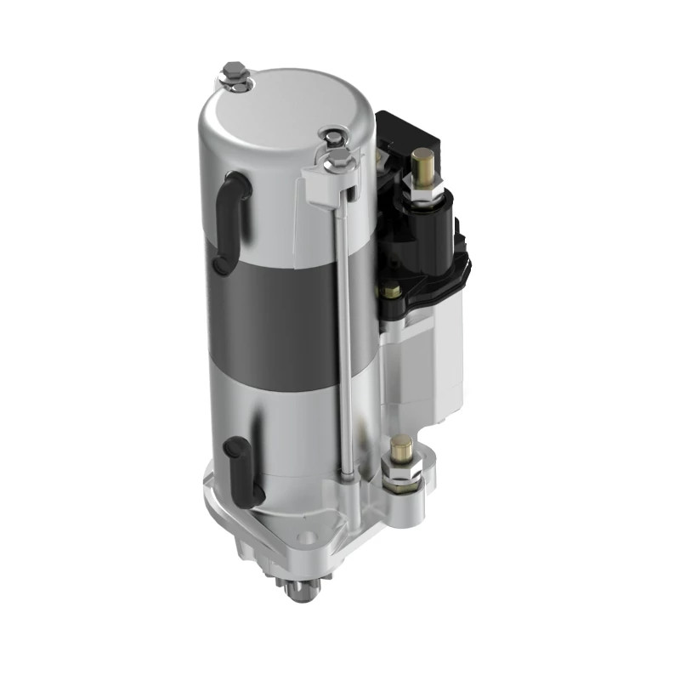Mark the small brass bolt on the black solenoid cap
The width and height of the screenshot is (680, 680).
point(393,291)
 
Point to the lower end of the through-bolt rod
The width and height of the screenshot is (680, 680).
point(348,472)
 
